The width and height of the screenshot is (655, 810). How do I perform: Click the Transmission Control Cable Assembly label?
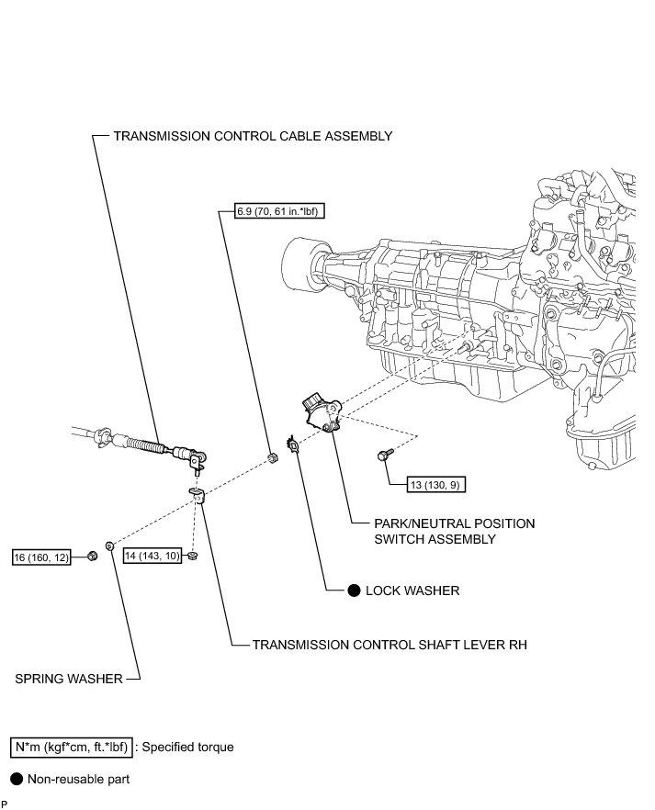pyautogui.click(x=253, y=136)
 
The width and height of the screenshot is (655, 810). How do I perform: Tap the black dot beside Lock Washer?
pyautogui.click(x=354, y=591)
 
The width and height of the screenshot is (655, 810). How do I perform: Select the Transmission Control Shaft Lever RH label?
pyautogui.click(x=390, y=645)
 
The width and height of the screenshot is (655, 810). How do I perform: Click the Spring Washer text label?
pyautogui.click(x=69, y=679)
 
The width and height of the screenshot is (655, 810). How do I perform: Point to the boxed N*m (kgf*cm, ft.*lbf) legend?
pyautogui.click(x=70, y=747)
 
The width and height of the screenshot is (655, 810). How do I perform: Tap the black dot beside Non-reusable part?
pyautogui.click(x=16, y=779)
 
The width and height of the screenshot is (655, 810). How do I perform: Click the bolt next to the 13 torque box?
pyautogui.click(x=383, y=456)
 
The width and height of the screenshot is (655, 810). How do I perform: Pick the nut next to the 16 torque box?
pyautogui.click(x=93, y=556)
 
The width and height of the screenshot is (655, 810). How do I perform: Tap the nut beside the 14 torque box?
pyautogui.click(x=190, y=556)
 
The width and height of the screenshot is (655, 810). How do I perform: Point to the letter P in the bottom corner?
pyautogui.click(x=5, y=804)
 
